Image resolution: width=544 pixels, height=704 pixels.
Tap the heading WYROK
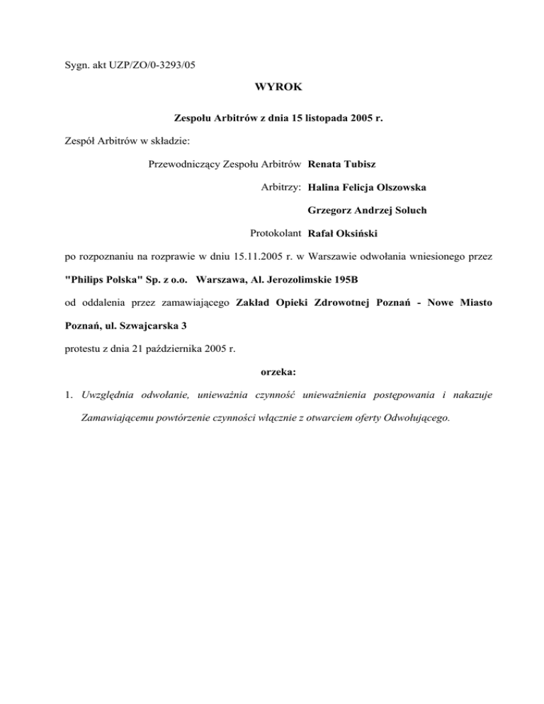271,89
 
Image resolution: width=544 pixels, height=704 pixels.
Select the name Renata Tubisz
341,164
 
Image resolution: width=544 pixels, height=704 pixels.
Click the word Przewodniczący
185,164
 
